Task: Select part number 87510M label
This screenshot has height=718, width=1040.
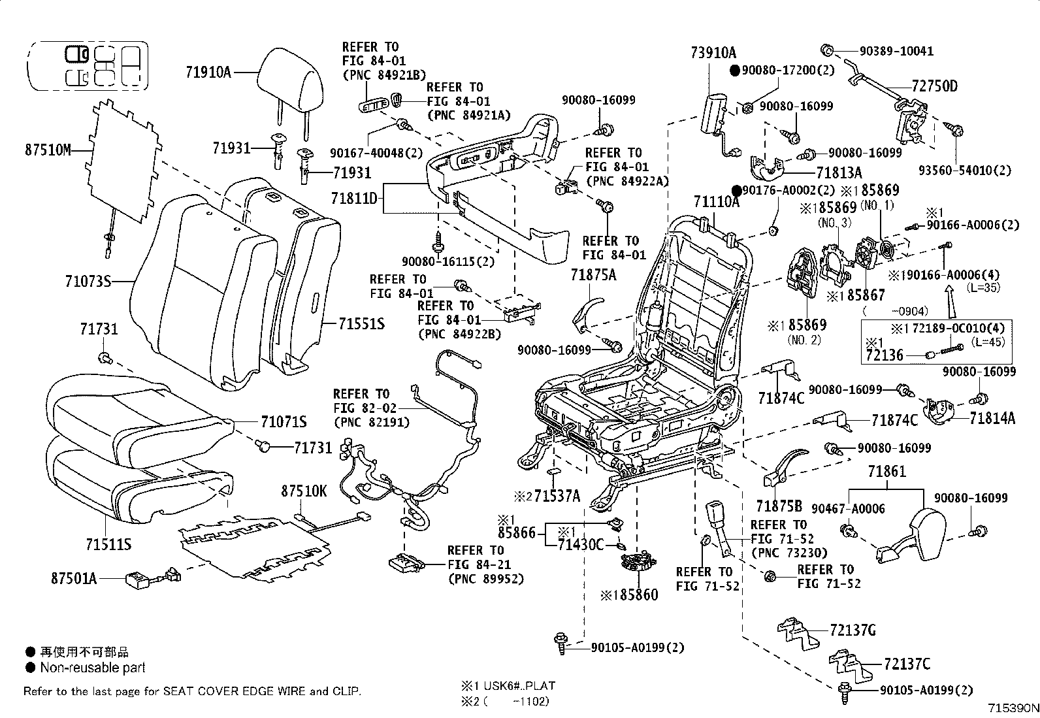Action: click(x=48, y=150)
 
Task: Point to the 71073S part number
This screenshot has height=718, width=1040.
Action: click(x=88, y=281)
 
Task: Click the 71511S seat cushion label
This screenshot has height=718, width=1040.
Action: click(x=108, y=544)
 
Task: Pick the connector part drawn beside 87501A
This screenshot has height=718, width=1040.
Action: click(x=154, y=578)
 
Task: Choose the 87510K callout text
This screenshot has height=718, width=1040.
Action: click(x=304, y=491)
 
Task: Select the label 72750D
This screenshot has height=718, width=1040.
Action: click(x=935, y=86)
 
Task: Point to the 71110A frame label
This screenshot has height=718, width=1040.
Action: click(x=717, y=201)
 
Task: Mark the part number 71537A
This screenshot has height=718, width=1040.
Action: click(x=557, y=495)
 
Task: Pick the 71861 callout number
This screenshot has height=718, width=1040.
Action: click(x=886, y=472)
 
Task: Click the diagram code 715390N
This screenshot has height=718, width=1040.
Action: click(x=1013, y=708)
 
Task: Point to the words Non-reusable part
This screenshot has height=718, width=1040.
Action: click(x=92, y=668)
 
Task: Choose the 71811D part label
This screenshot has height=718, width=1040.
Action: click(x=354, y=199)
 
